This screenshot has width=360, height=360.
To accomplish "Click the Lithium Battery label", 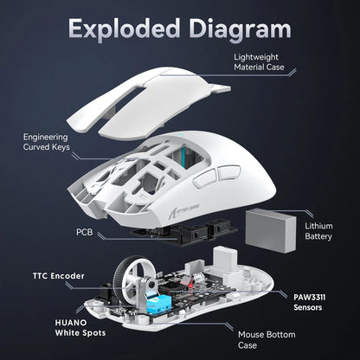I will (318, 231).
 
